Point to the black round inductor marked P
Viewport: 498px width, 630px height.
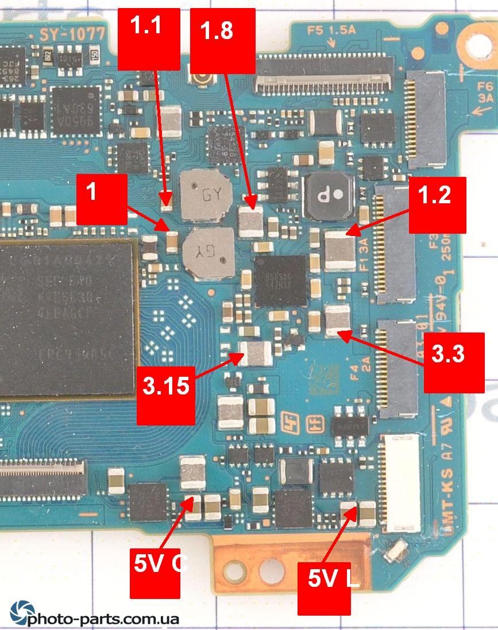(329, 196)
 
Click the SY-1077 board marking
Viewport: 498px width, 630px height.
(72, 34)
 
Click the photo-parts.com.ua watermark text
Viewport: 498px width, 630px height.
(103, 619)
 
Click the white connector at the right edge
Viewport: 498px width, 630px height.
(402, 482)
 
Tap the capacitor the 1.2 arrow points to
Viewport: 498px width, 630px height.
(340, 251)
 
